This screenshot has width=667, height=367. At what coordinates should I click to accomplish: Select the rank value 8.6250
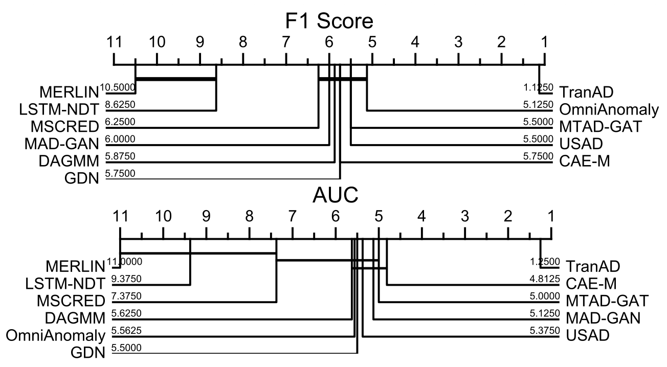[120, 105]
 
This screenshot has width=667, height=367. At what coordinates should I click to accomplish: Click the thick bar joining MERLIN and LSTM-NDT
[175, 78]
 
